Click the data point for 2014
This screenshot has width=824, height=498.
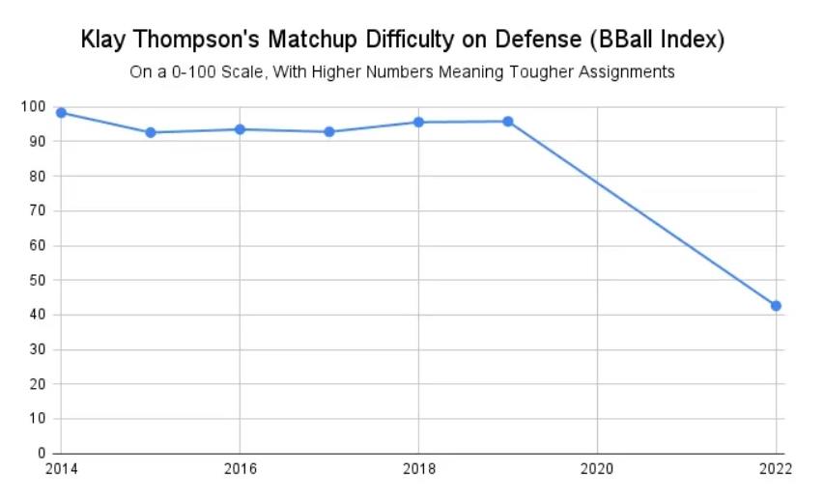click(x=61, y=113)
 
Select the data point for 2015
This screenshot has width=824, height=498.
click(x=151, y=132)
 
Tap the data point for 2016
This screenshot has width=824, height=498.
click(x=240, y=129)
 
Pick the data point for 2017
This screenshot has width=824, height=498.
click(x=329, y=131)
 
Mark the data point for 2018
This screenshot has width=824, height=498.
click(x=418, y=122)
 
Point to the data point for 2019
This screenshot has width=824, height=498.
click(x=508, y=122)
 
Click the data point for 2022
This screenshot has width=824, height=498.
click(x=776, y=306)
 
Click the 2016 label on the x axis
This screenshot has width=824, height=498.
click(x=240, y=470)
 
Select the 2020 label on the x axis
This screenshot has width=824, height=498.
click(x=597, y=470)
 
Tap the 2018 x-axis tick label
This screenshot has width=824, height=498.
click(x=418, y=470)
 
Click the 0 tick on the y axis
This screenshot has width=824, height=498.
click(x=41, y=454)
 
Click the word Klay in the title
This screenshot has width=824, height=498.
click(x=103, y=41)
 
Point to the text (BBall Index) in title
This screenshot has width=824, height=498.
click(x=660, y=41)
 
